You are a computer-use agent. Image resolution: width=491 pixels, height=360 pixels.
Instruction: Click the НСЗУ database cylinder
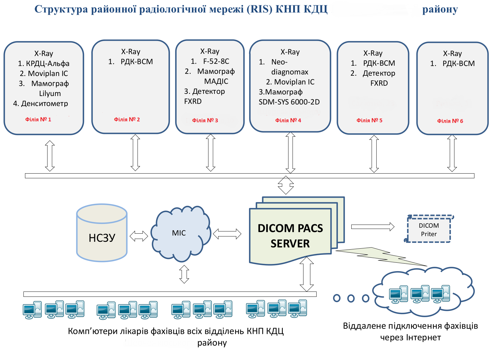click(102, 233)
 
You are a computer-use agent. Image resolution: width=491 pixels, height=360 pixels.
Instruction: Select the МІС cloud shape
click(181, 234)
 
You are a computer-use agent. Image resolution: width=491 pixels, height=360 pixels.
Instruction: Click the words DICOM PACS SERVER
click(290, 236)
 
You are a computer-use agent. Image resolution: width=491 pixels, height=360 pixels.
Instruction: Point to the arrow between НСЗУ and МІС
click(139, 236)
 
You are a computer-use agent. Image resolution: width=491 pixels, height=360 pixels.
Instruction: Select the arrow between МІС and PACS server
click(227, 234)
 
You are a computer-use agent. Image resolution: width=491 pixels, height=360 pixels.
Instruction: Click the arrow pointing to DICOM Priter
click(373, 227)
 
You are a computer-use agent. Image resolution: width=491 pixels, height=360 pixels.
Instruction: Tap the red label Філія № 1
click(38, 119)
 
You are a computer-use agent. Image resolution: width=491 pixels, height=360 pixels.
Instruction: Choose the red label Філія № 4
click(288, 120)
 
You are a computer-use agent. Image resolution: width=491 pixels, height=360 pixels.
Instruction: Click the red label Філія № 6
click(450, 121)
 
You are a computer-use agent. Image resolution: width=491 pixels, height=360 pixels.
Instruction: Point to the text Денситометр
click(44, 104)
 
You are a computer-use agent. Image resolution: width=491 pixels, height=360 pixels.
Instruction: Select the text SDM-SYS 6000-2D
click(289, 102)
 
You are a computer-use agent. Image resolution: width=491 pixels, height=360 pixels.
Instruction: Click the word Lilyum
click(50, 94)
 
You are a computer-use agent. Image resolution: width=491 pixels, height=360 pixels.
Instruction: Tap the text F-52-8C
click(216, 61)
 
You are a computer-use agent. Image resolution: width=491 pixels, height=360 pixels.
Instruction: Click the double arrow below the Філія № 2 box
click(135, 153)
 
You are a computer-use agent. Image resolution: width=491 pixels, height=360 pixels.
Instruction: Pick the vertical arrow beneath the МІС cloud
click(184, 274)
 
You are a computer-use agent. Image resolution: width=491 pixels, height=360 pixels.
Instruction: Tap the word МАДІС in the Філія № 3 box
click(216, 81)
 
